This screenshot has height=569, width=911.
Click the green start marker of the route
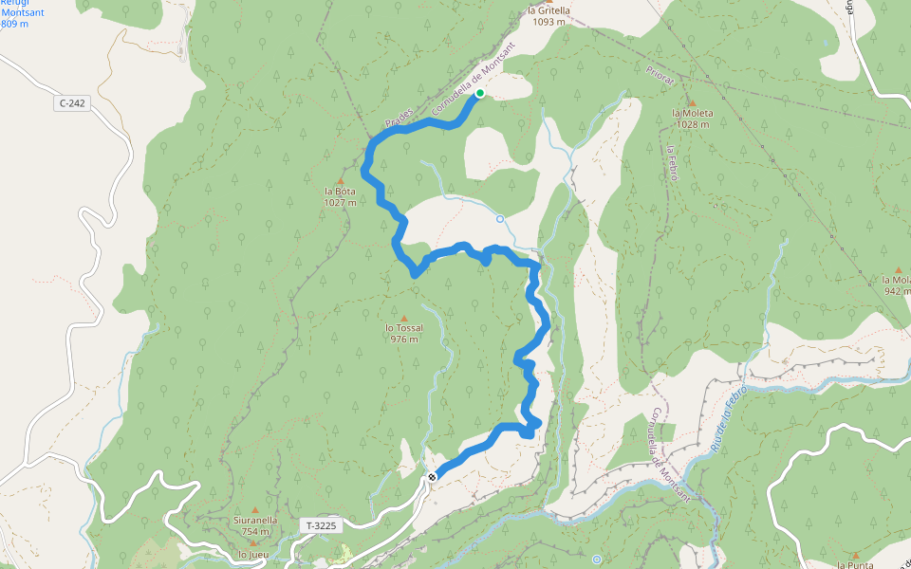tap(480, 93)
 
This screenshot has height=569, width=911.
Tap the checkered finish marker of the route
tap(432, 476)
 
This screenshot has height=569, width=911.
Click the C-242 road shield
tap(73, 103)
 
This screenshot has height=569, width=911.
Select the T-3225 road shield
tap(319, 524)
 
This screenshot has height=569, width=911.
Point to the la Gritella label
tap(548, 11)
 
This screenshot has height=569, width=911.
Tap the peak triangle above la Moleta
tap(692, 102)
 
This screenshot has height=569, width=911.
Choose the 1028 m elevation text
tap(692, 123)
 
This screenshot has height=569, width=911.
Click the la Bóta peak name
tap(340, 192)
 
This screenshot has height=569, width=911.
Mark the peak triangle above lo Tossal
tap(403, 319)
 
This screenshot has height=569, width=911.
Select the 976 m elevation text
tap(403, 340)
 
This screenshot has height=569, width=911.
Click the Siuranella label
tap(255, 520)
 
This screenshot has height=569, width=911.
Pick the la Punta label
tap(855, 564)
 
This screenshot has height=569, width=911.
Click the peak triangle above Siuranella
tap(254, 509)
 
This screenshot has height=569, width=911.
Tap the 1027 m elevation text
tap(340, 202)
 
